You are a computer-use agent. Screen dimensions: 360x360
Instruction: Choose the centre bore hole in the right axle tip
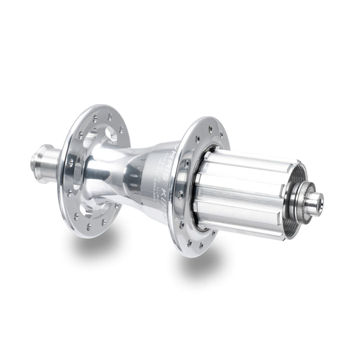[x=318, y=202]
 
